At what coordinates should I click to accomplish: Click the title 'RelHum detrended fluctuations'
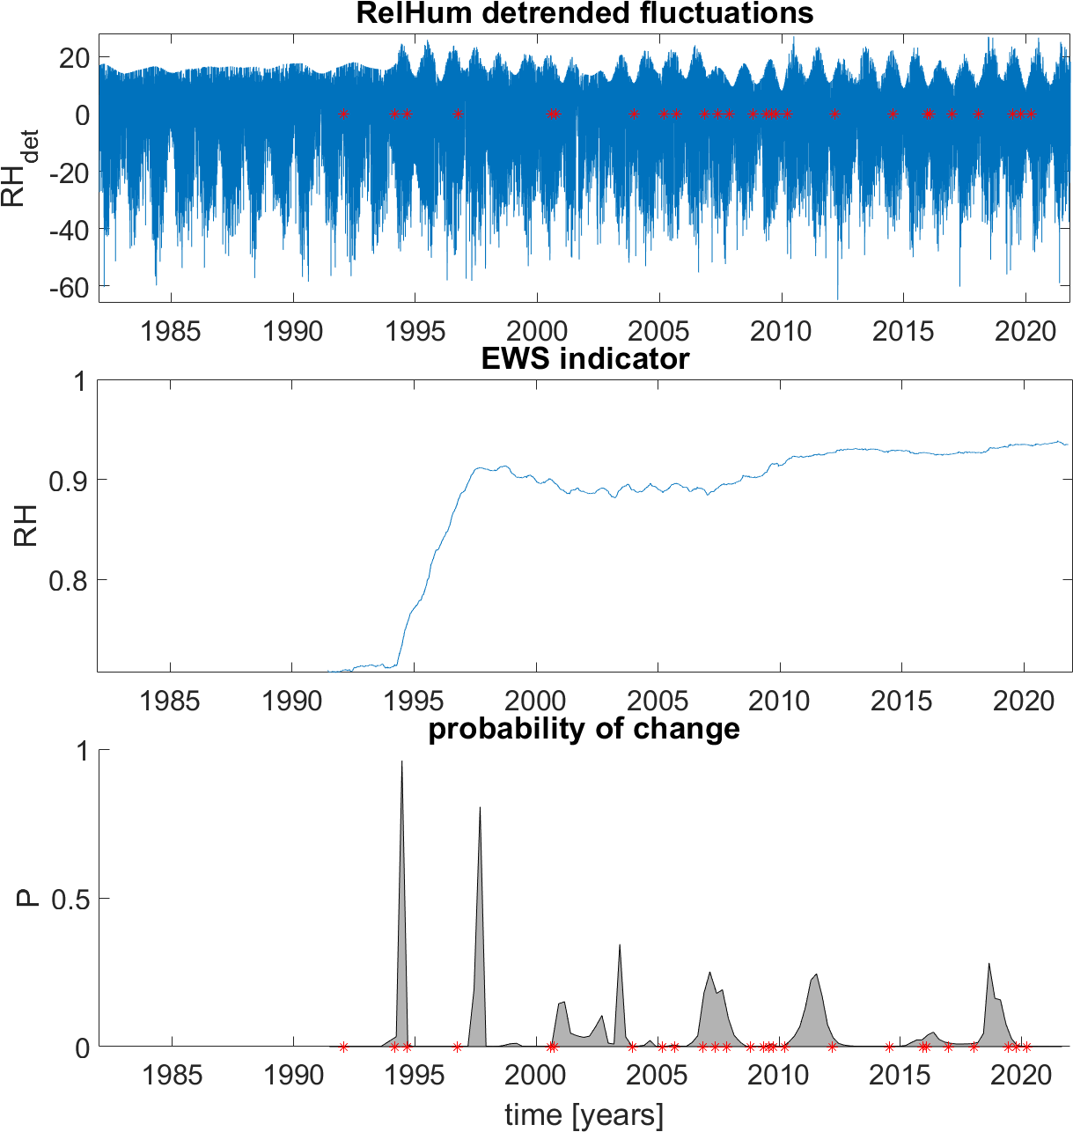click(584, 13)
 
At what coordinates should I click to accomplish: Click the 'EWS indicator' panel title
click(584, 359)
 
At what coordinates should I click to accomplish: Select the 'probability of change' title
click(584, 729)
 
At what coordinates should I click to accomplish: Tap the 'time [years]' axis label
click(584, 1114)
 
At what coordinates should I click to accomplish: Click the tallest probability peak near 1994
click(402, 762)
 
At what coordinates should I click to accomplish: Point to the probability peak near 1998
click(480, 808)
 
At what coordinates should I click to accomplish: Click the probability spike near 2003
click(620, 945)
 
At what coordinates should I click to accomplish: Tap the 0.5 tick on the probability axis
click(70, 899)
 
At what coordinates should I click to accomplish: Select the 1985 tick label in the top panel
click(171, 332)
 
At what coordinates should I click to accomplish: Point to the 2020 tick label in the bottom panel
click(1023, 1076)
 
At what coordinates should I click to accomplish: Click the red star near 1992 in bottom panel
click(343, 1047)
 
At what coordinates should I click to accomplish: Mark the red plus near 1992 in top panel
click(343, 114)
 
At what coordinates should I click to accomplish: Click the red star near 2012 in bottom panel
click(832, 1047)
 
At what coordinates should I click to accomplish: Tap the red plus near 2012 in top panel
click(834, 114)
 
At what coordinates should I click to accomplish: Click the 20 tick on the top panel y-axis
click(73, 58)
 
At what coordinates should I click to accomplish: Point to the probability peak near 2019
click(989, 965)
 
